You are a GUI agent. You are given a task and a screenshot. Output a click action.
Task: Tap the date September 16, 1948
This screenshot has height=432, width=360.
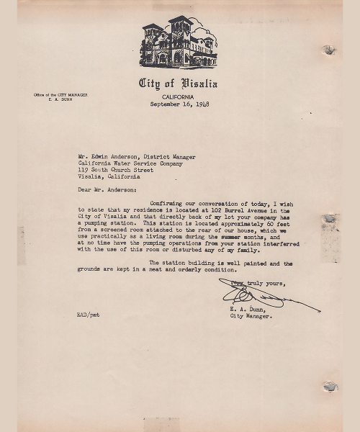(x=179, y=104)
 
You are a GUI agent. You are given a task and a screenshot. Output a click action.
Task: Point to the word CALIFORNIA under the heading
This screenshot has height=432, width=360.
(x=179, y=96)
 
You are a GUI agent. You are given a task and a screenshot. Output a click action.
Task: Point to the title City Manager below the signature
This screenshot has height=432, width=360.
(x=251, y=316)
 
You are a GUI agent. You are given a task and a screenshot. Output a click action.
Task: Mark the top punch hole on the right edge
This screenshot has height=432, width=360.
(x=329, y=50)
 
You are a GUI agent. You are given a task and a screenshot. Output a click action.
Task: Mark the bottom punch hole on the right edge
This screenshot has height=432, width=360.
(x=329, y=387)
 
